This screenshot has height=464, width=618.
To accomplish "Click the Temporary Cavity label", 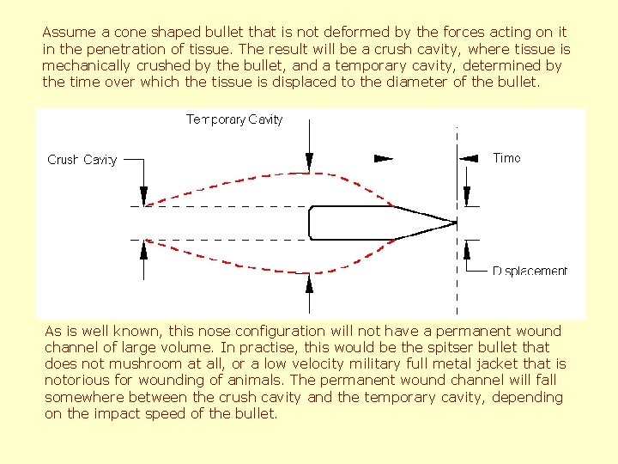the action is coord(234,119).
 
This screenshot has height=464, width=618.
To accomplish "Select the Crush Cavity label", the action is coord(82,160).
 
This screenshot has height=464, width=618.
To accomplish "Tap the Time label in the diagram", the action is coord(506,158).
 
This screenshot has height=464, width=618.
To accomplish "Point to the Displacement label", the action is coord(530,272).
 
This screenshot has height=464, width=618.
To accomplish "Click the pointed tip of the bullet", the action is coord(455,223).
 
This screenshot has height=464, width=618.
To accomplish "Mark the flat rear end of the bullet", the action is coord(310,223).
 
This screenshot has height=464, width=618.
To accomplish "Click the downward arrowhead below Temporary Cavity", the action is coord(309,162).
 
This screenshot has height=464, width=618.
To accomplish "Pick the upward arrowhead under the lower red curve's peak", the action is coord(309,284).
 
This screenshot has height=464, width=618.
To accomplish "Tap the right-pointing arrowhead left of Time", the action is coord(385,158).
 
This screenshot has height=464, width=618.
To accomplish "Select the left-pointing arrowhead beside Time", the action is coord(469,158).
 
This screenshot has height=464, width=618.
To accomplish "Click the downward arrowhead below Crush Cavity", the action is coord(144,196).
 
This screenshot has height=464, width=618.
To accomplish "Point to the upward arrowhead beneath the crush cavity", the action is coord(144,249).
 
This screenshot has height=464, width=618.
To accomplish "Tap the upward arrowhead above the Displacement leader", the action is coord(467,249).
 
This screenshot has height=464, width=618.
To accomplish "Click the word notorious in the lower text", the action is coord(77,380).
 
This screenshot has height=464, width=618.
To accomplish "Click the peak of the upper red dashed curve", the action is coord(309,173).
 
